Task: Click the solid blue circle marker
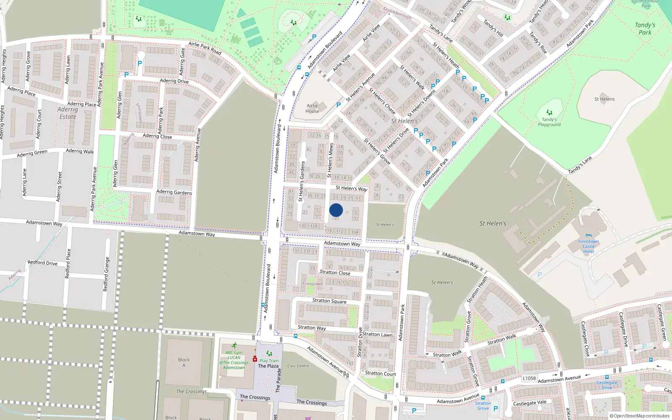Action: tap(336, 210)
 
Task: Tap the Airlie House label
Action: tap(312, 108)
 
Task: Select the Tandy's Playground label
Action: tap(549, 122)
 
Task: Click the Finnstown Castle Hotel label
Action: tap(588, 247)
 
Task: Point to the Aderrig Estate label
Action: tap(68, 113)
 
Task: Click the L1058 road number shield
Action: tap(529, 378)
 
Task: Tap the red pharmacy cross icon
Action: tap(255, 359)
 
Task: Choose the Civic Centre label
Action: tap(298, 366)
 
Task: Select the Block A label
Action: tap(184, 362)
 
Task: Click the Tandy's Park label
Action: tap(645, 29)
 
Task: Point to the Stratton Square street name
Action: tap(329, 301)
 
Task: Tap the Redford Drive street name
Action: tap(42, 263)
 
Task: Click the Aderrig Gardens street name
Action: tap(174, 192)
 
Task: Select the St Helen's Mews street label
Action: tap(330, 160)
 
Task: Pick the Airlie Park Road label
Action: tap(205, 48)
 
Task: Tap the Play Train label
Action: tap(269, 360)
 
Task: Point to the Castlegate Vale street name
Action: tap(530, 403)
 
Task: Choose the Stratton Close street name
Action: tap(335, 273)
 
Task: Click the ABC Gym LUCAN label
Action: tap(234, 355)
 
